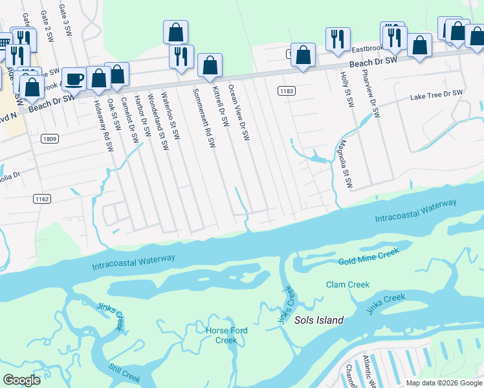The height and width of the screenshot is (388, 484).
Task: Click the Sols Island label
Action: point(319,320)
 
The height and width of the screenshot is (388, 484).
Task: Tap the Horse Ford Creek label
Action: point(226,336)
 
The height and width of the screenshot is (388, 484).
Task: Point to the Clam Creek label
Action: point(347,285)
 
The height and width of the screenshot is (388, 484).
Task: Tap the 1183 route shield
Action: point(287,91)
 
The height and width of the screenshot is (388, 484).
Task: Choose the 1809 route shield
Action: point(49,138)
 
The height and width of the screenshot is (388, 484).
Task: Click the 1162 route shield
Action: point(43,199)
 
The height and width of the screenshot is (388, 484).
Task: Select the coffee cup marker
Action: point(74,79)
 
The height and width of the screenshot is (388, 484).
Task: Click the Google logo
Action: point(22,380)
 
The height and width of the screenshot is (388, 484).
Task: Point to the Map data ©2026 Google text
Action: point(444,383)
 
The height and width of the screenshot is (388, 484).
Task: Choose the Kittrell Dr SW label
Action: point(220,106)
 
